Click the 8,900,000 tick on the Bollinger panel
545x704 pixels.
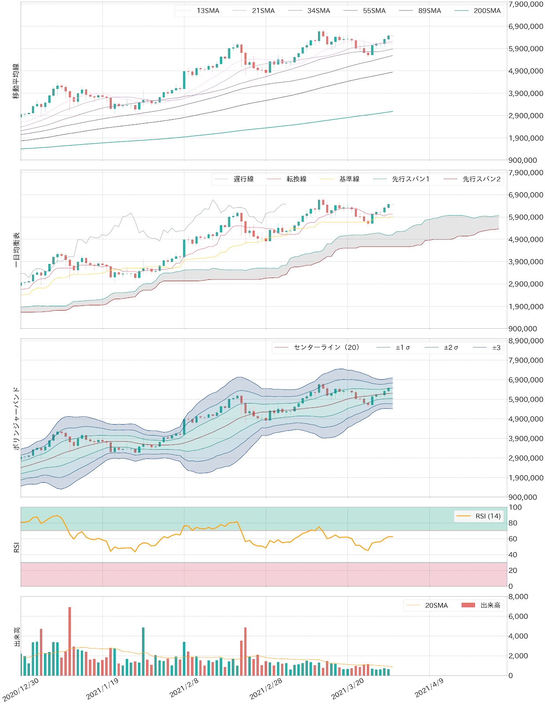pos(526,341)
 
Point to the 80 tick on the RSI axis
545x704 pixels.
pos(513,523)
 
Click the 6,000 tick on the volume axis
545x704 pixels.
pos(518,616)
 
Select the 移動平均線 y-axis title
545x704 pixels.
pos(16,81)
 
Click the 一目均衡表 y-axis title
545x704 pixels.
pos(16,249)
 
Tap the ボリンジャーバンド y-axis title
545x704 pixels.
pos(16,418)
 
